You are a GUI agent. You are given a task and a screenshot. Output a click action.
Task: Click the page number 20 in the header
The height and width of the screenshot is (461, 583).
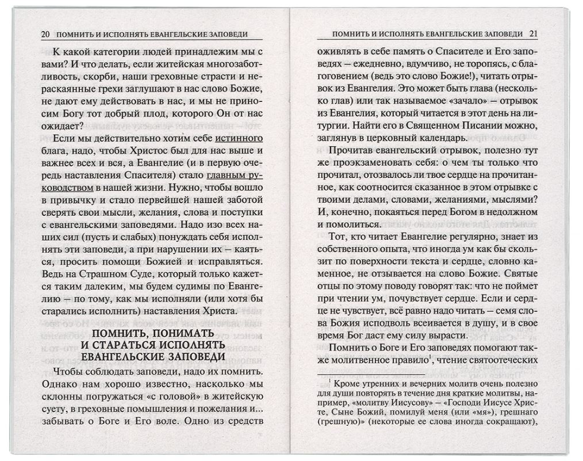(x=45, y=33)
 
